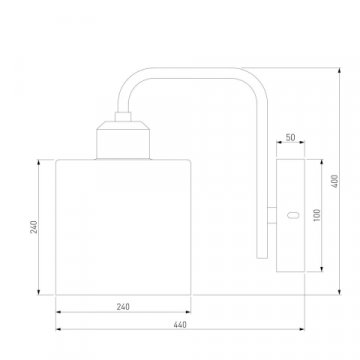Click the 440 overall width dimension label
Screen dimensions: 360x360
180,324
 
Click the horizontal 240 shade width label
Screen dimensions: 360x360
123,307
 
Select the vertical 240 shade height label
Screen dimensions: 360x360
35,227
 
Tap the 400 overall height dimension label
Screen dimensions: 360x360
335,181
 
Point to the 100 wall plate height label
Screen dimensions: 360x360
317,215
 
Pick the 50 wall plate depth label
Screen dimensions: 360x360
290,137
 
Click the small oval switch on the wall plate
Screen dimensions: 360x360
293,215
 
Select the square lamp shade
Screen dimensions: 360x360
123,227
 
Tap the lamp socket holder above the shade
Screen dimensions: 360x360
123,140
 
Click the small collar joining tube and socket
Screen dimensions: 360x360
123,116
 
